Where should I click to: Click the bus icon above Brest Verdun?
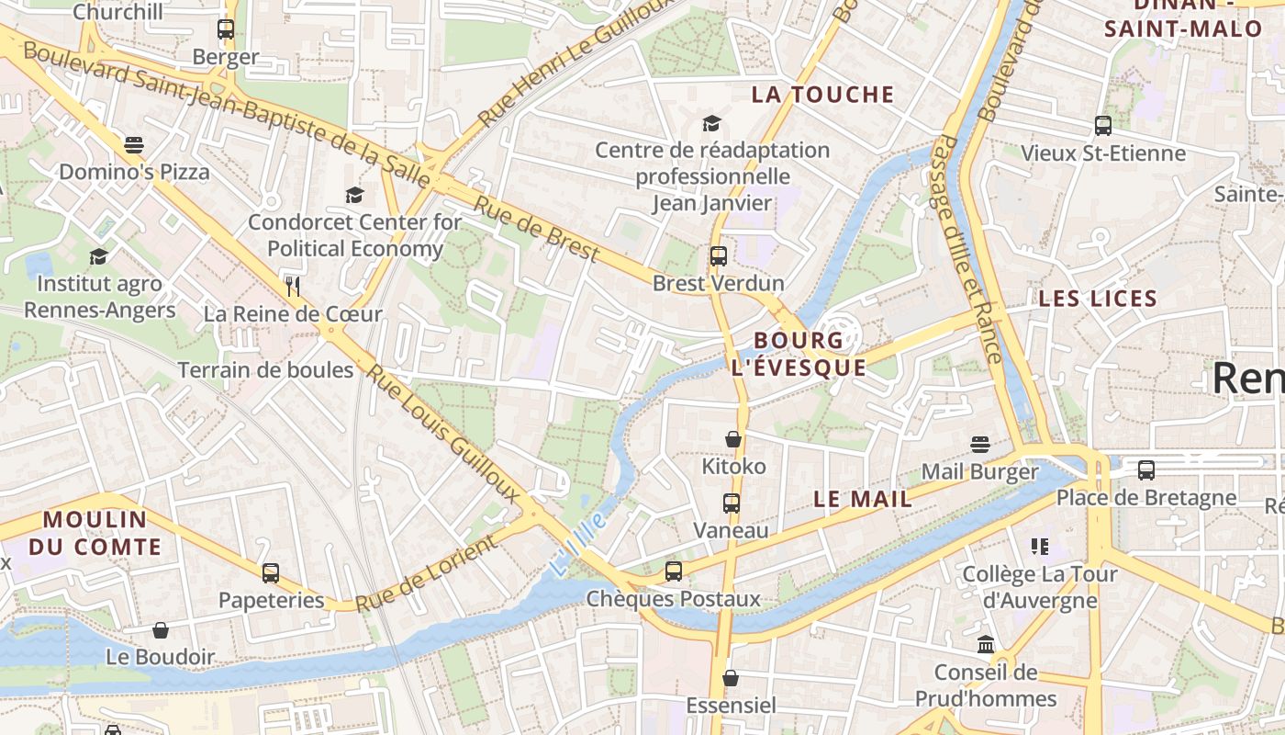pyautogui.click(x=718, y=256)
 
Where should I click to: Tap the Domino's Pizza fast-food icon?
pyautogui.click(x=134, y=145)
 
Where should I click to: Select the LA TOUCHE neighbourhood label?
pyautogui.click(x=822, y=95)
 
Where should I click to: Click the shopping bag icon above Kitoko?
pyautogui.click(x=732, y=439)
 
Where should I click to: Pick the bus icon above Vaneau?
pyautogui.click(x=731, y=503)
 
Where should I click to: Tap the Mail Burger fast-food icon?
pyautogui.click(x=979, y=445)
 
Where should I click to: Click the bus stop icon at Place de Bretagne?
pyautogui.click(x=1145, y=470)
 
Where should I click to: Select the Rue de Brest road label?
pyautogui.click(x=535, y=228)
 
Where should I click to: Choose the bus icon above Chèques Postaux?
pyautogui.click(x=674, y=571)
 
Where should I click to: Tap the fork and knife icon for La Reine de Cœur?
pyautogui.click(x=293, y=286)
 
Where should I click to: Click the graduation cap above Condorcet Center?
pyautogui.click(x=354, y=195)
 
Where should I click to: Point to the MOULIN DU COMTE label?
pyautogui.click(x=95, y=533)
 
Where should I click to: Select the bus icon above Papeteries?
pyautogui.click(x=271, y=573)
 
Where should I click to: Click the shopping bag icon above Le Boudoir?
pyautogui.click(x=161, y=630)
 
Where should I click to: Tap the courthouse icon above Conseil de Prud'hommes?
pyautogui.click(x=986, y=644)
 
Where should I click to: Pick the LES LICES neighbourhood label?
pyautogui.click(x=1097, y=299)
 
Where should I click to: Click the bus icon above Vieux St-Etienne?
pyautogui.click(x=1103, y=126)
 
